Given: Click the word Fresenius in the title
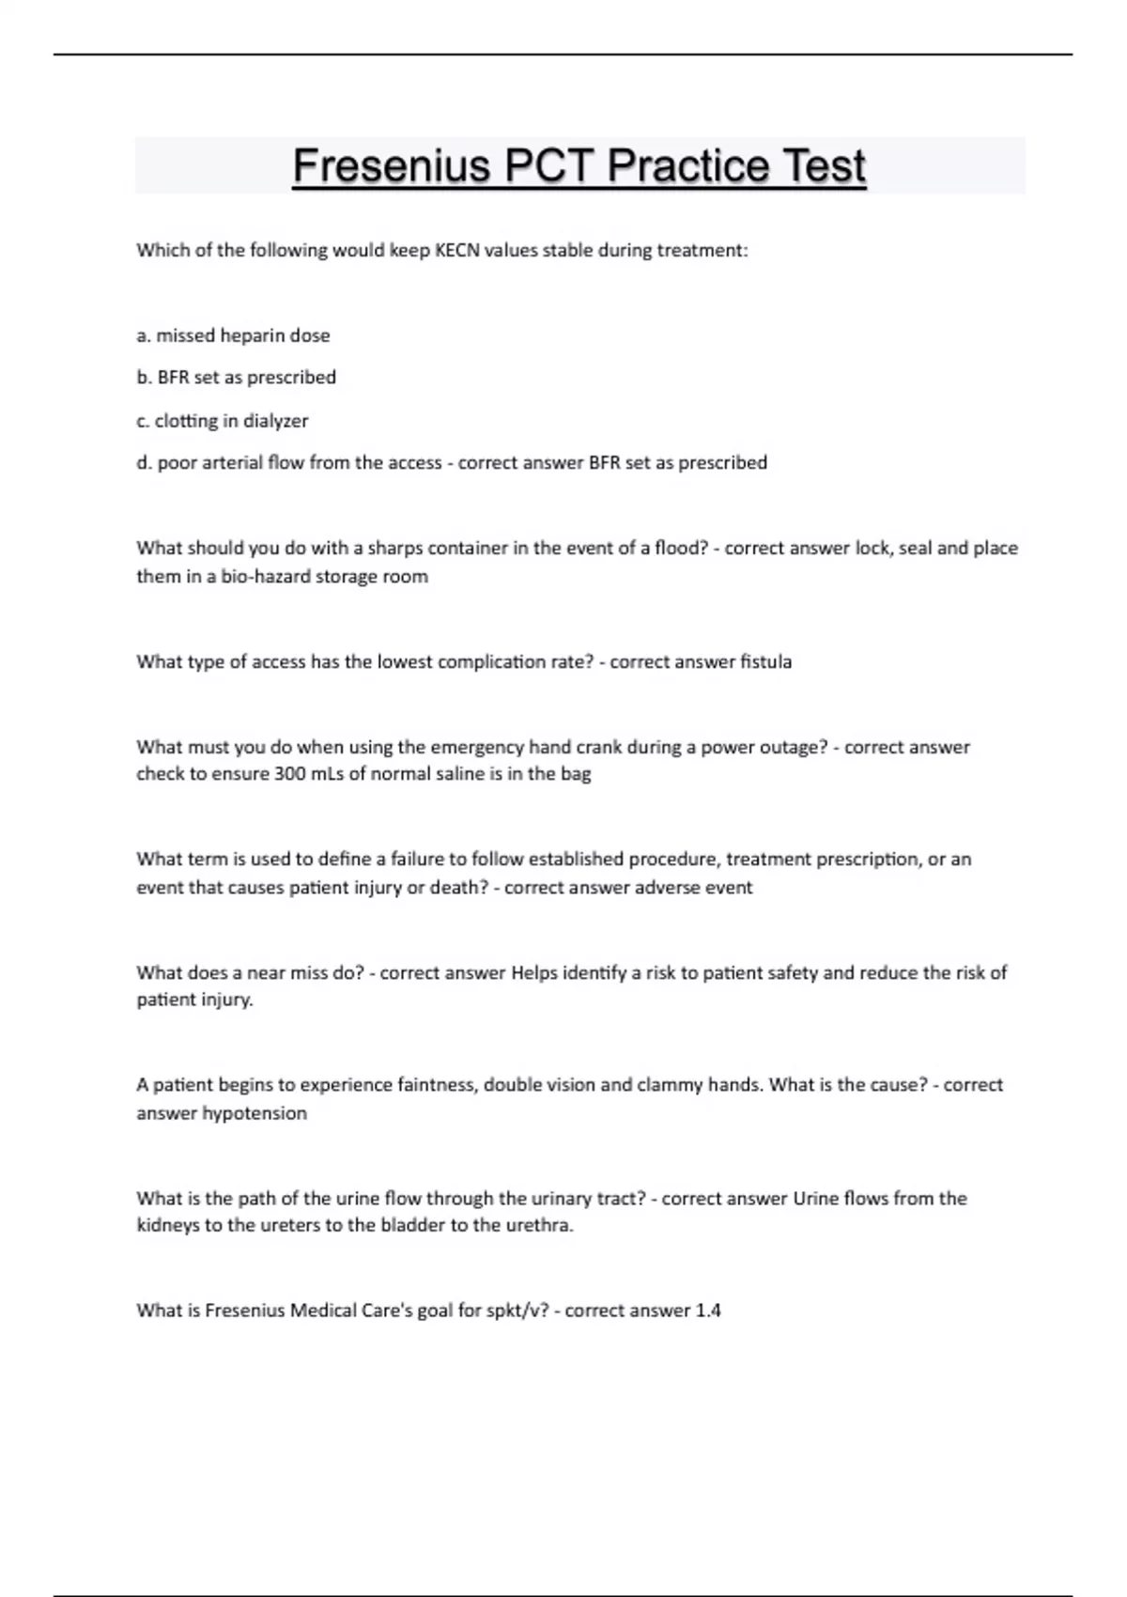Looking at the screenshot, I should point(392,166).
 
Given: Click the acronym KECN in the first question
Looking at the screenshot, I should point(457,250).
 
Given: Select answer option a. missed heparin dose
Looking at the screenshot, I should point(233,335).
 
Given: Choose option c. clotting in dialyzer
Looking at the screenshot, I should point(223,421).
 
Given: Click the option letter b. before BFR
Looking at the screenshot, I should point(144,378).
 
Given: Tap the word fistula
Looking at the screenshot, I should point(765,661).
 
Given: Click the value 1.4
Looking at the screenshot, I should point(708,1310).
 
